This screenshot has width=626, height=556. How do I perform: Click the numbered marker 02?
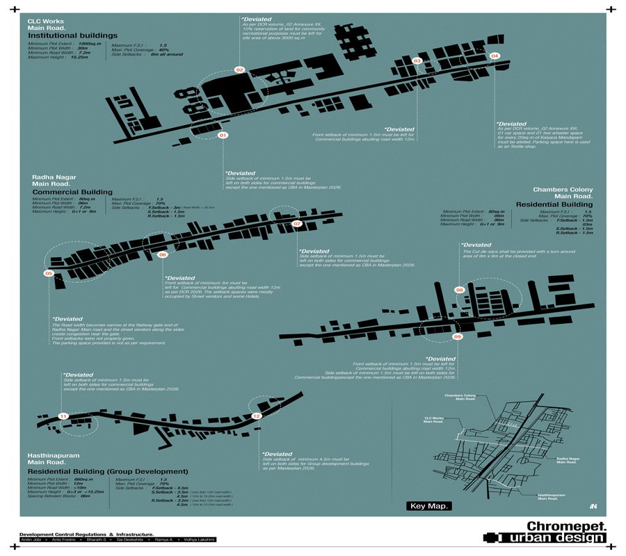(x=239, y=70)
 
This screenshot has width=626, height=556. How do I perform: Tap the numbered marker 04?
(x=495, y=56)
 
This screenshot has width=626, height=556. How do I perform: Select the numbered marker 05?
(x=49, y=274)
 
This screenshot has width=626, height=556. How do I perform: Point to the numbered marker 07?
(x=297, y=224)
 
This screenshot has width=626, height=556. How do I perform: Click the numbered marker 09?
(x=457, y=336)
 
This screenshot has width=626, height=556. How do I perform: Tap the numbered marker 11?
(x=63, y=416)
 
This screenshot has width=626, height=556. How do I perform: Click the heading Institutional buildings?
(x=72, y=35)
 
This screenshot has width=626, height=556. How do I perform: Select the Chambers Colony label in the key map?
(x=460, y=398)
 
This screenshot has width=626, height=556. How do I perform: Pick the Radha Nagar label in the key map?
(x=567, y=460)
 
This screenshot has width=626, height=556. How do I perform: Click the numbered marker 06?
(x=162, y=255)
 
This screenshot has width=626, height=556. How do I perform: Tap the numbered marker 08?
(x=459, y=289)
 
